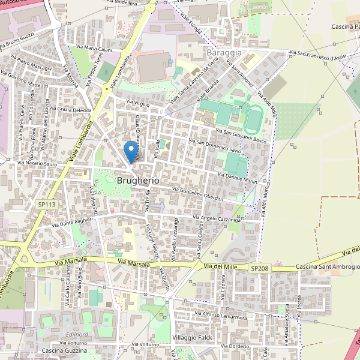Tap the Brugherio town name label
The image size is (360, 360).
coord(139,180)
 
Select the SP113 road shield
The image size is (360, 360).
coord(46,205)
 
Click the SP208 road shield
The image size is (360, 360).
coord(260,268)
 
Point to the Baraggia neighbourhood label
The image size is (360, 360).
coord(223,52)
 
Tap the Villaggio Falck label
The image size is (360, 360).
coord(193,338)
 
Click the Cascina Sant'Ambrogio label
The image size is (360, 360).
coord(328,266)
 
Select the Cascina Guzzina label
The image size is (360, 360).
coord(65,350)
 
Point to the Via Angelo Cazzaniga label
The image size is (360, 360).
coord(217,219)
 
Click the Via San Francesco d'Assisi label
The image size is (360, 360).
coord(317,55)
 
